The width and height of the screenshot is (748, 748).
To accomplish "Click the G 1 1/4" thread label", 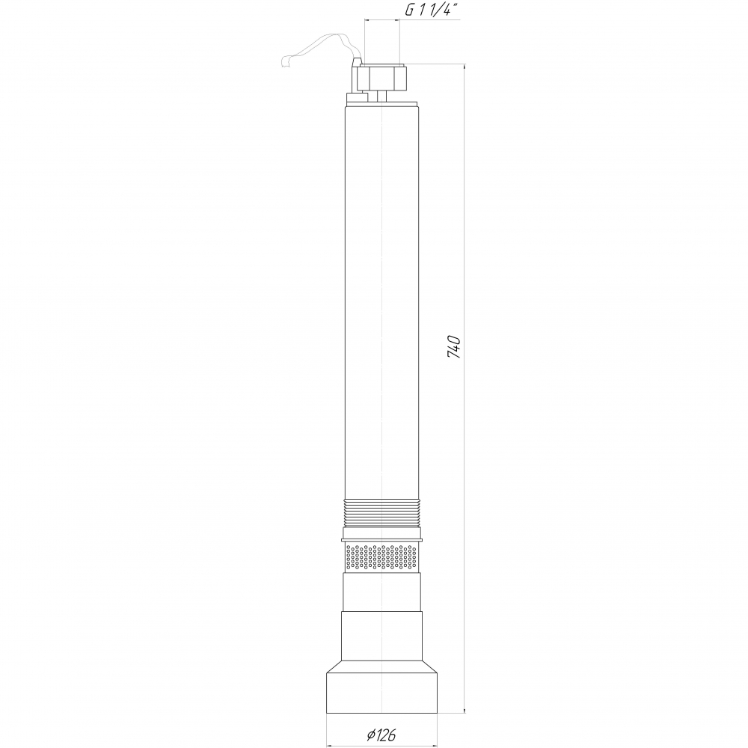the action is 429,10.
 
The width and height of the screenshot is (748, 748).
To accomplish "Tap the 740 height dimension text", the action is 454,347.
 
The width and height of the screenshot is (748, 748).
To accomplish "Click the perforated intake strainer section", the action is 381,558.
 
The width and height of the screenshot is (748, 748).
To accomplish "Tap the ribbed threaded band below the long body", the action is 381,513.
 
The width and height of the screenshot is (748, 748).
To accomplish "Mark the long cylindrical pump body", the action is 381,302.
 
